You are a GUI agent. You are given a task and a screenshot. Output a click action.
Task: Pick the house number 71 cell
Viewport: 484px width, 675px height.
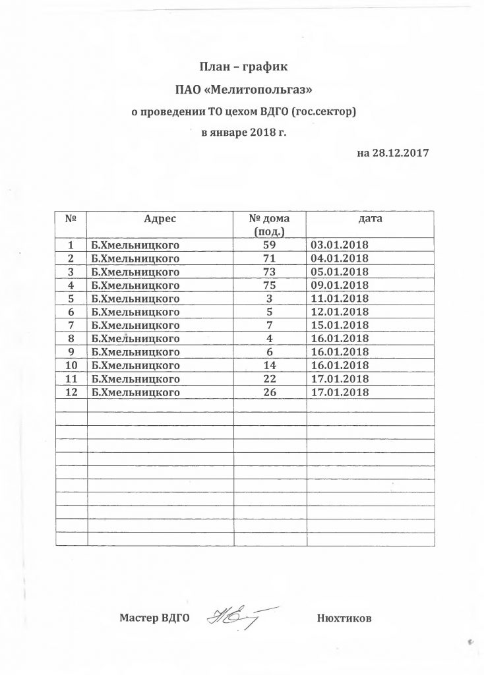coord(269,257)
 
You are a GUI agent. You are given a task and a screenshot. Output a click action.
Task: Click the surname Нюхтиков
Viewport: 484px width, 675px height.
coord(344,619)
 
